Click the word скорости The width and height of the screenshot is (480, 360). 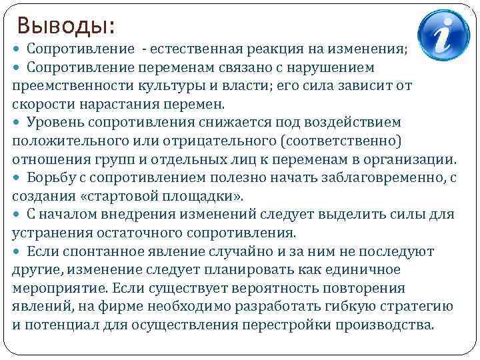pyautogui.click(x=38, y=104)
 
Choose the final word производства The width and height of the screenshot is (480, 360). pyautogui.click(x=394, y=325)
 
